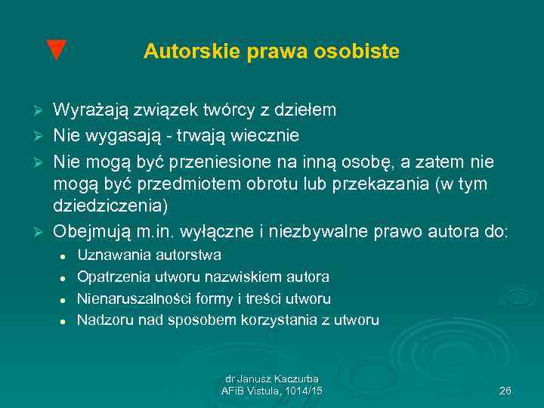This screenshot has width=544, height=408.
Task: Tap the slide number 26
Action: point(505,391)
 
